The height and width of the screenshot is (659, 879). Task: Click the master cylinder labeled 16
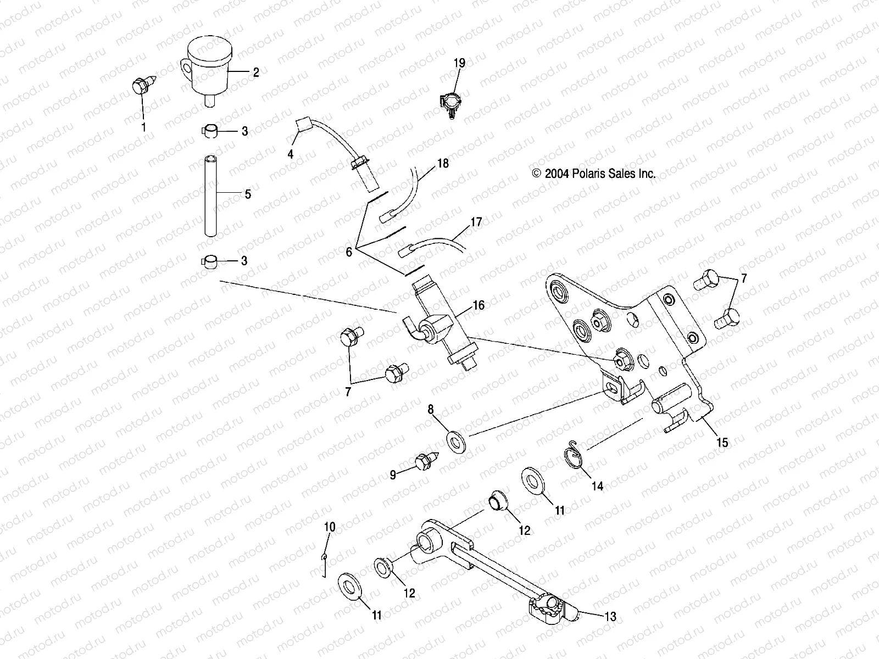(439, 324)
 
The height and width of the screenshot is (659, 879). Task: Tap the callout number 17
(476, 222)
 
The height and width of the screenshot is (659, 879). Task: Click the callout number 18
(443, 164)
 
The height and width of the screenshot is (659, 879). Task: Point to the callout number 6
(348, 252)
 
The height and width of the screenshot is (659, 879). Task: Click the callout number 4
(291, 155)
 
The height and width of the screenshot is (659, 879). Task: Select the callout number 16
(479, 305)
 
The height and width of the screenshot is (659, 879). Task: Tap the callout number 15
(722, 442)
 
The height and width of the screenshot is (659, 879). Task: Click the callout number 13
(610, 617)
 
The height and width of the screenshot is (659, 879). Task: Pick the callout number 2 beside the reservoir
(255, 72)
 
